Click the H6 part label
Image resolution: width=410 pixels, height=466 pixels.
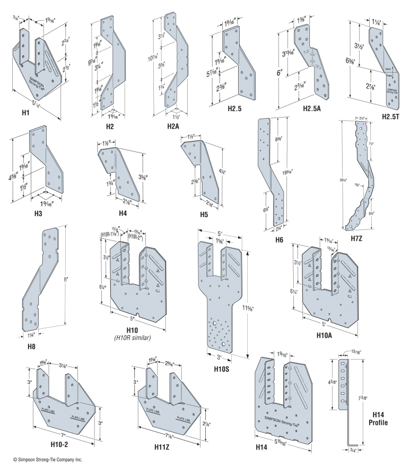pos(279,239)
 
